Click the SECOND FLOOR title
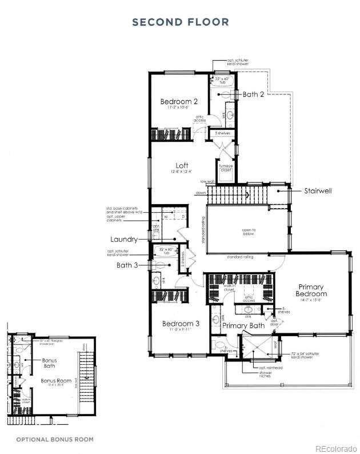[x=180, y=22]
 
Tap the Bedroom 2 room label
[x=178, y=101]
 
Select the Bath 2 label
[x=253, y=94]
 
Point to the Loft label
[x=181, y=165]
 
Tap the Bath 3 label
[x=127, y=265]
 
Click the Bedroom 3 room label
[x=181, y=323]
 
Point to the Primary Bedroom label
[x=311, y=290]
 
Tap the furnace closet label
[x=225, y=168]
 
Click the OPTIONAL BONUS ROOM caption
[x=55, y=439]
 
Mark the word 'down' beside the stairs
[x=200, y=193]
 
